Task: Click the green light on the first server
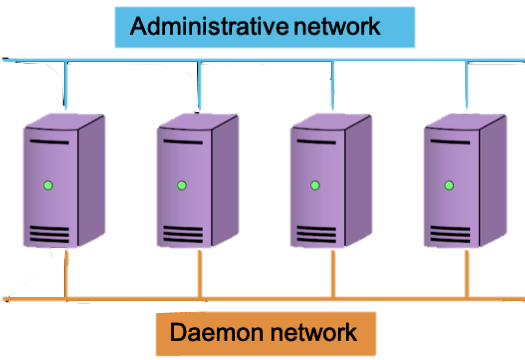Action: tap(47, 186)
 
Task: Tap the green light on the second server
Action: tap(181, 185)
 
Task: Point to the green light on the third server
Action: tap(314, 185)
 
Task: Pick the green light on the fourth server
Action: tap(448, 185)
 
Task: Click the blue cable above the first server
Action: tap(65, 85)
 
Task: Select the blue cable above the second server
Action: tap(198, 85)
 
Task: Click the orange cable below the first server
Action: tap(66, 272)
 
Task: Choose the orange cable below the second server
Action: tap(199, 272)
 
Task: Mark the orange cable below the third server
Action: tap(333, 272)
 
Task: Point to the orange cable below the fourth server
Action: tap(466, 272)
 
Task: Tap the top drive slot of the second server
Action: tap(181, 142)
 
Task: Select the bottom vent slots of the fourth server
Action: tap(449, 234)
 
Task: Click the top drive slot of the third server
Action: tap(315, 142)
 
